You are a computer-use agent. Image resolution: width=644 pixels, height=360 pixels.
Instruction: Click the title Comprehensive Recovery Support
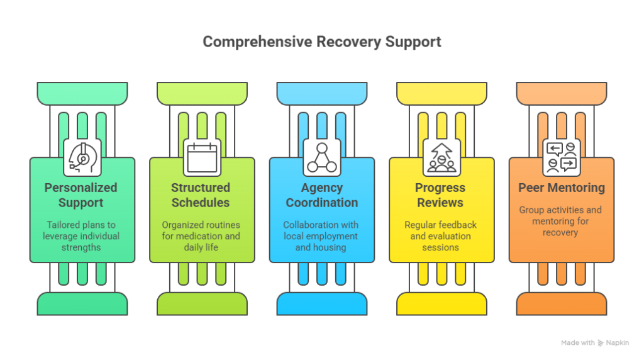321,42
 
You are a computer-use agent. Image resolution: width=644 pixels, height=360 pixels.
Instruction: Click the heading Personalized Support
81,195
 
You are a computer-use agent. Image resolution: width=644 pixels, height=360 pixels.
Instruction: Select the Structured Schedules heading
201,195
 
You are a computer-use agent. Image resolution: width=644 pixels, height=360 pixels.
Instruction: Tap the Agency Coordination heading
321,195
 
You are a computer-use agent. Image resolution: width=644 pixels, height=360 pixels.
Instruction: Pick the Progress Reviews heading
440,195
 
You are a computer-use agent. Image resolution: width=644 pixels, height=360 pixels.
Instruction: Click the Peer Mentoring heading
561,188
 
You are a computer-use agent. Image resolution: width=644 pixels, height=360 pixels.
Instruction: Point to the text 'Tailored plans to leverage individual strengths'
81,236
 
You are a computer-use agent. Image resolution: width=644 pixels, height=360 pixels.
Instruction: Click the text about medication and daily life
201,236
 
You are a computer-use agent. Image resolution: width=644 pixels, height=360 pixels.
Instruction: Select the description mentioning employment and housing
321,236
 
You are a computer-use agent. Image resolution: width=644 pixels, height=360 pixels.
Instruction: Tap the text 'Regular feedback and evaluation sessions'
440,236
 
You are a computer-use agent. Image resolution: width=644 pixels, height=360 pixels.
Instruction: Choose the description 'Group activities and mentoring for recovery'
560,221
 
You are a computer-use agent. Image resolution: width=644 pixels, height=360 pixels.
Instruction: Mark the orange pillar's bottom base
561,304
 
